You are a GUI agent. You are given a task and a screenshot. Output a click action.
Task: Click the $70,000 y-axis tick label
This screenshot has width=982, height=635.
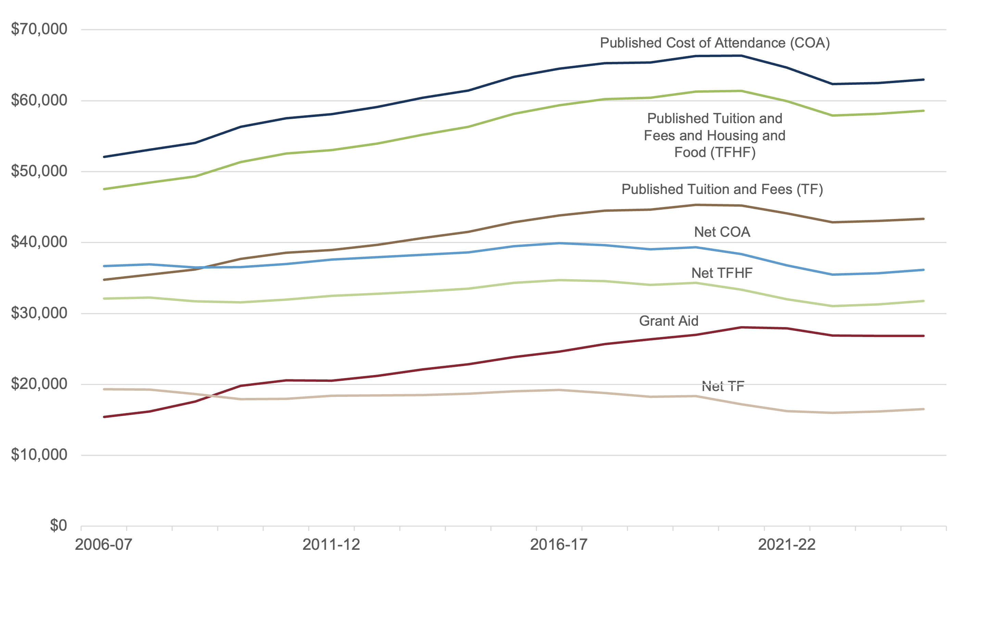[39, 29]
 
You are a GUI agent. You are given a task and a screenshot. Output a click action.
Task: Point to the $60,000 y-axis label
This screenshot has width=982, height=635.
[39, 100]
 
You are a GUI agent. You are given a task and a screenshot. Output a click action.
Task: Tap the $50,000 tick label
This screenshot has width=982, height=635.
[39, 171]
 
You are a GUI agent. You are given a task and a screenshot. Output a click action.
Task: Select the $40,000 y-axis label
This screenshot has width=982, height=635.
[39, 242]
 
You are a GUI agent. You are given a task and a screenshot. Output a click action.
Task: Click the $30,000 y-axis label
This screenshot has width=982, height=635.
[39, 313]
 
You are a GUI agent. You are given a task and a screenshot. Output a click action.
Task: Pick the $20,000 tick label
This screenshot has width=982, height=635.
[39, 384]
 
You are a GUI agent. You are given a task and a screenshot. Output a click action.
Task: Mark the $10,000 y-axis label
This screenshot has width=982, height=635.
[39, 455]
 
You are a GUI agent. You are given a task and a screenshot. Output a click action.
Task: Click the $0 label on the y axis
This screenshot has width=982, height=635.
[58, 526]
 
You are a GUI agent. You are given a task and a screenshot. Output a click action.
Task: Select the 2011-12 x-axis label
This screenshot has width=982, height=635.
[331, 545]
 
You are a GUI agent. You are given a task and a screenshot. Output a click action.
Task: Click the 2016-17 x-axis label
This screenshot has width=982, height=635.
[559, 545]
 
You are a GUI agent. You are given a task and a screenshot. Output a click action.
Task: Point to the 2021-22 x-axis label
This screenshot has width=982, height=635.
[787, 545]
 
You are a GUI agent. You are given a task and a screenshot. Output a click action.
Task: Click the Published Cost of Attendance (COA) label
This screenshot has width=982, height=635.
[715, 43]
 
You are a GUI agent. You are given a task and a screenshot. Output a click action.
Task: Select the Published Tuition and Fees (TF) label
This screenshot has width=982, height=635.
[722, 189]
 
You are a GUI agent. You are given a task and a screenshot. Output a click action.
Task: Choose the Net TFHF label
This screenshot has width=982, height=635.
[722, 273]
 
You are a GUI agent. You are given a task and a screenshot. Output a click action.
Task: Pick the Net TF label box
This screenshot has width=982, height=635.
[723, 386]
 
